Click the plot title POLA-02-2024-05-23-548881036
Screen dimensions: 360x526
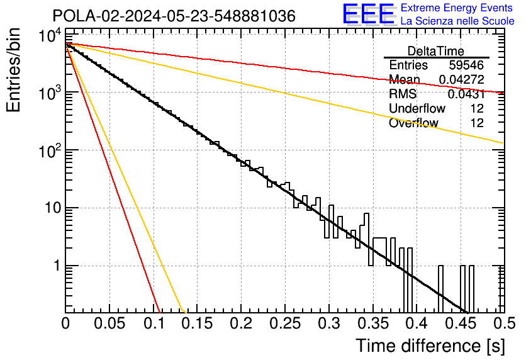coord(174,16)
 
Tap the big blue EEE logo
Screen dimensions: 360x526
coord(368,14)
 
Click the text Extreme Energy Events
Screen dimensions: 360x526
coord(457,8)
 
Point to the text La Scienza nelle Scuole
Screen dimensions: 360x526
coord(457,21)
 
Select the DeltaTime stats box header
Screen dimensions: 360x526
coord(436,51)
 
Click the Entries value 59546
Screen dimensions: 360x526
coord(466,65)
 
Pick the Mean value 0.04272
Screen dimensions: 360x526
coord(461,80)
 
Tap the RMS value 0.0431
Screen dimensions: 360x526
coord(466,94)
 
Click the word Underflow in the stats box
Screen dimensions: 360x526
coord(417,109)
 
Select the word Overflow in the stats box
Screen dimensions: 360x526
coord(413,123)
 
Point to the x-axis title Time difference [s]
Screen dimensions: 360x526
coord(430,346)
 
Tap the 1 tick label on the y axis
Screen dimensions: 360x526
coord(55,266)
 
